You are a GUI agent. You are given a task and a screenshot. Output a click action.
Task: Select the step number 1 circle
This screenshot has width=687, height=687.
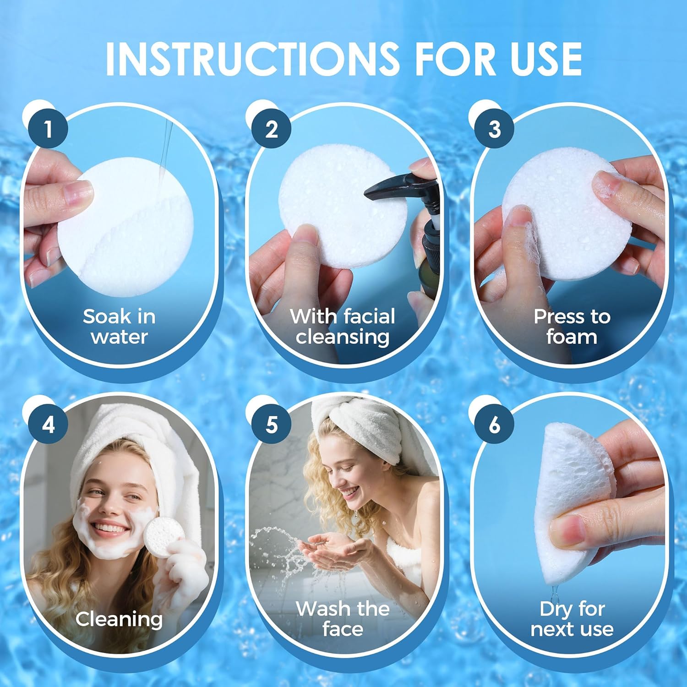tap(48, 129)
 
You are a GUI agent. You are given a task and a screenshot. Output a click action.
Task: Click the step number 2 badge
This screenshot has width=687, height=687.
tap(271, 129)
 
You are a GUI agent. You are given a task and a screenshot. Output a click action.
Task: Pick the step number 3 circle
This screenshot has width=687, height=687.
tap(494, 129)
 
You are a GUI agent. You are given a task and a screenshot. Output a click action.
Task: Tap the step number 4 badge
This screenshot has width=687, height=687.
tap(48, 425)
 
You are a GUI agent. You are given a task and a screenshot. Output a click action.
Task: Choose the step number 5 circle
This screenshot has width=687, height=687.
tap(271, 425)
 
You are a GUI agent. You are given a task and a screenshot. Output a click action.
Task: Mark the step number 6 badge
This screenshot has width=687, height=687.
tap(494, 425)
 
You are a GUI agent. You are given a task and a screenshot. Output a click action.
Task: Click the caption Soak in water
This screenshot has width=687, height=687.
tap(119, 327)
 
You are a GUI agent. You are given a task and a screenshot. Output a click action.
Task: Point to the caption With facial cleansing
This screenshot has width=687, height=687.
tap(343, 327)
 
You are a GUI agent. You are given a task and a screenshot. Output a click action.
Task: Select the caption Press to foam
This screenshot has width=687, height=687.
tap(572, 327)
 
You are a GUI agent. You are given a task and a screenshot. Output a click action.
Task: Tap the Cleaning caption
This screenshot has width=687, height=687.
tap(119, 619)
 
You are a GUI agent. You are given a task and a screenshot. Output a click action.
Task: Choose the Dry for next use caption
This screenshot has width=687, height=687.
tap(572, 619)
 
